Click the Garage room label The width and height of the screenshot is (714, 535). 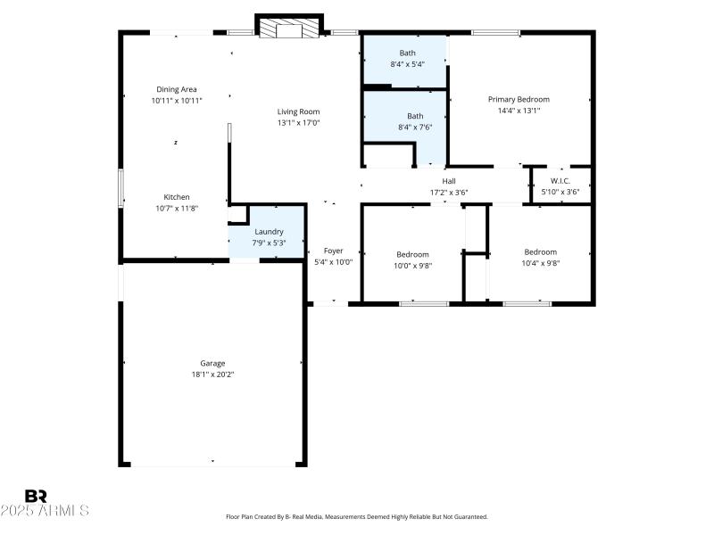(x=212, y=363)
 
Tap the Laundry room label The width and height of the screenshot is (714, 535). (x=269, y=232)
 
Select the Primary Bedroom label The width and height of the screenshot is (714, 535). (x=519, y=99)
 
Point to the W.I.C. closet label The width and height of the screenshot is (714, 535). (x=560, y=181)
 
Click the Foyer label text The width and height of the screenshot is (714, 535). (x=333, y=251)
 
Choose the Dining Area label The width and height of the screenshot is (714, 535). (x=177, y=89)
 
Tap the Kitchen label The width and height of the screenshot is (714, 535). (x=176, y=197)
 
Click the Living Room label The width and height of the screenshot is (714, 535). (x=298, y=111)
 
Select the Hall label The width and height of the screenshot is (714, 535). (x=449, y=181)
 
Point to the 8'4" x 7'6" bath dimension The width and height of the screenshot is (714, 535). (x=415, y=127)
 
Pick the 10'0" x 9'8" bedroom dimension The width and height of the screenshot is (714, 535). (x=412, y=265)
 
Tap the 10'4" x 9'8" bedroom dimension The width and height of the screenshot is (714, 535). (x=540, y=263)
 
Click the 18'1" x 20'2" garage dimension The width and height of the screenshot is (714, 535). (x=212, y=374)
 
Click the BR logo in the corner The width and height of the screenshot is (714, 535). (x=36, y=497)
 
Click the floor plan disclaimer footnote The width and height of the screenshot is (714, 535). (x=357, y=516)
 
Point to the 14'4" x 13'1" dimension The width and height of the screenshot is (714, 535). (x=519, y=111)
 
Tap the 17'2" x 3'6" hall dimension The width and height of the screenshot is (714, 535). (x=449, y=192)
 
